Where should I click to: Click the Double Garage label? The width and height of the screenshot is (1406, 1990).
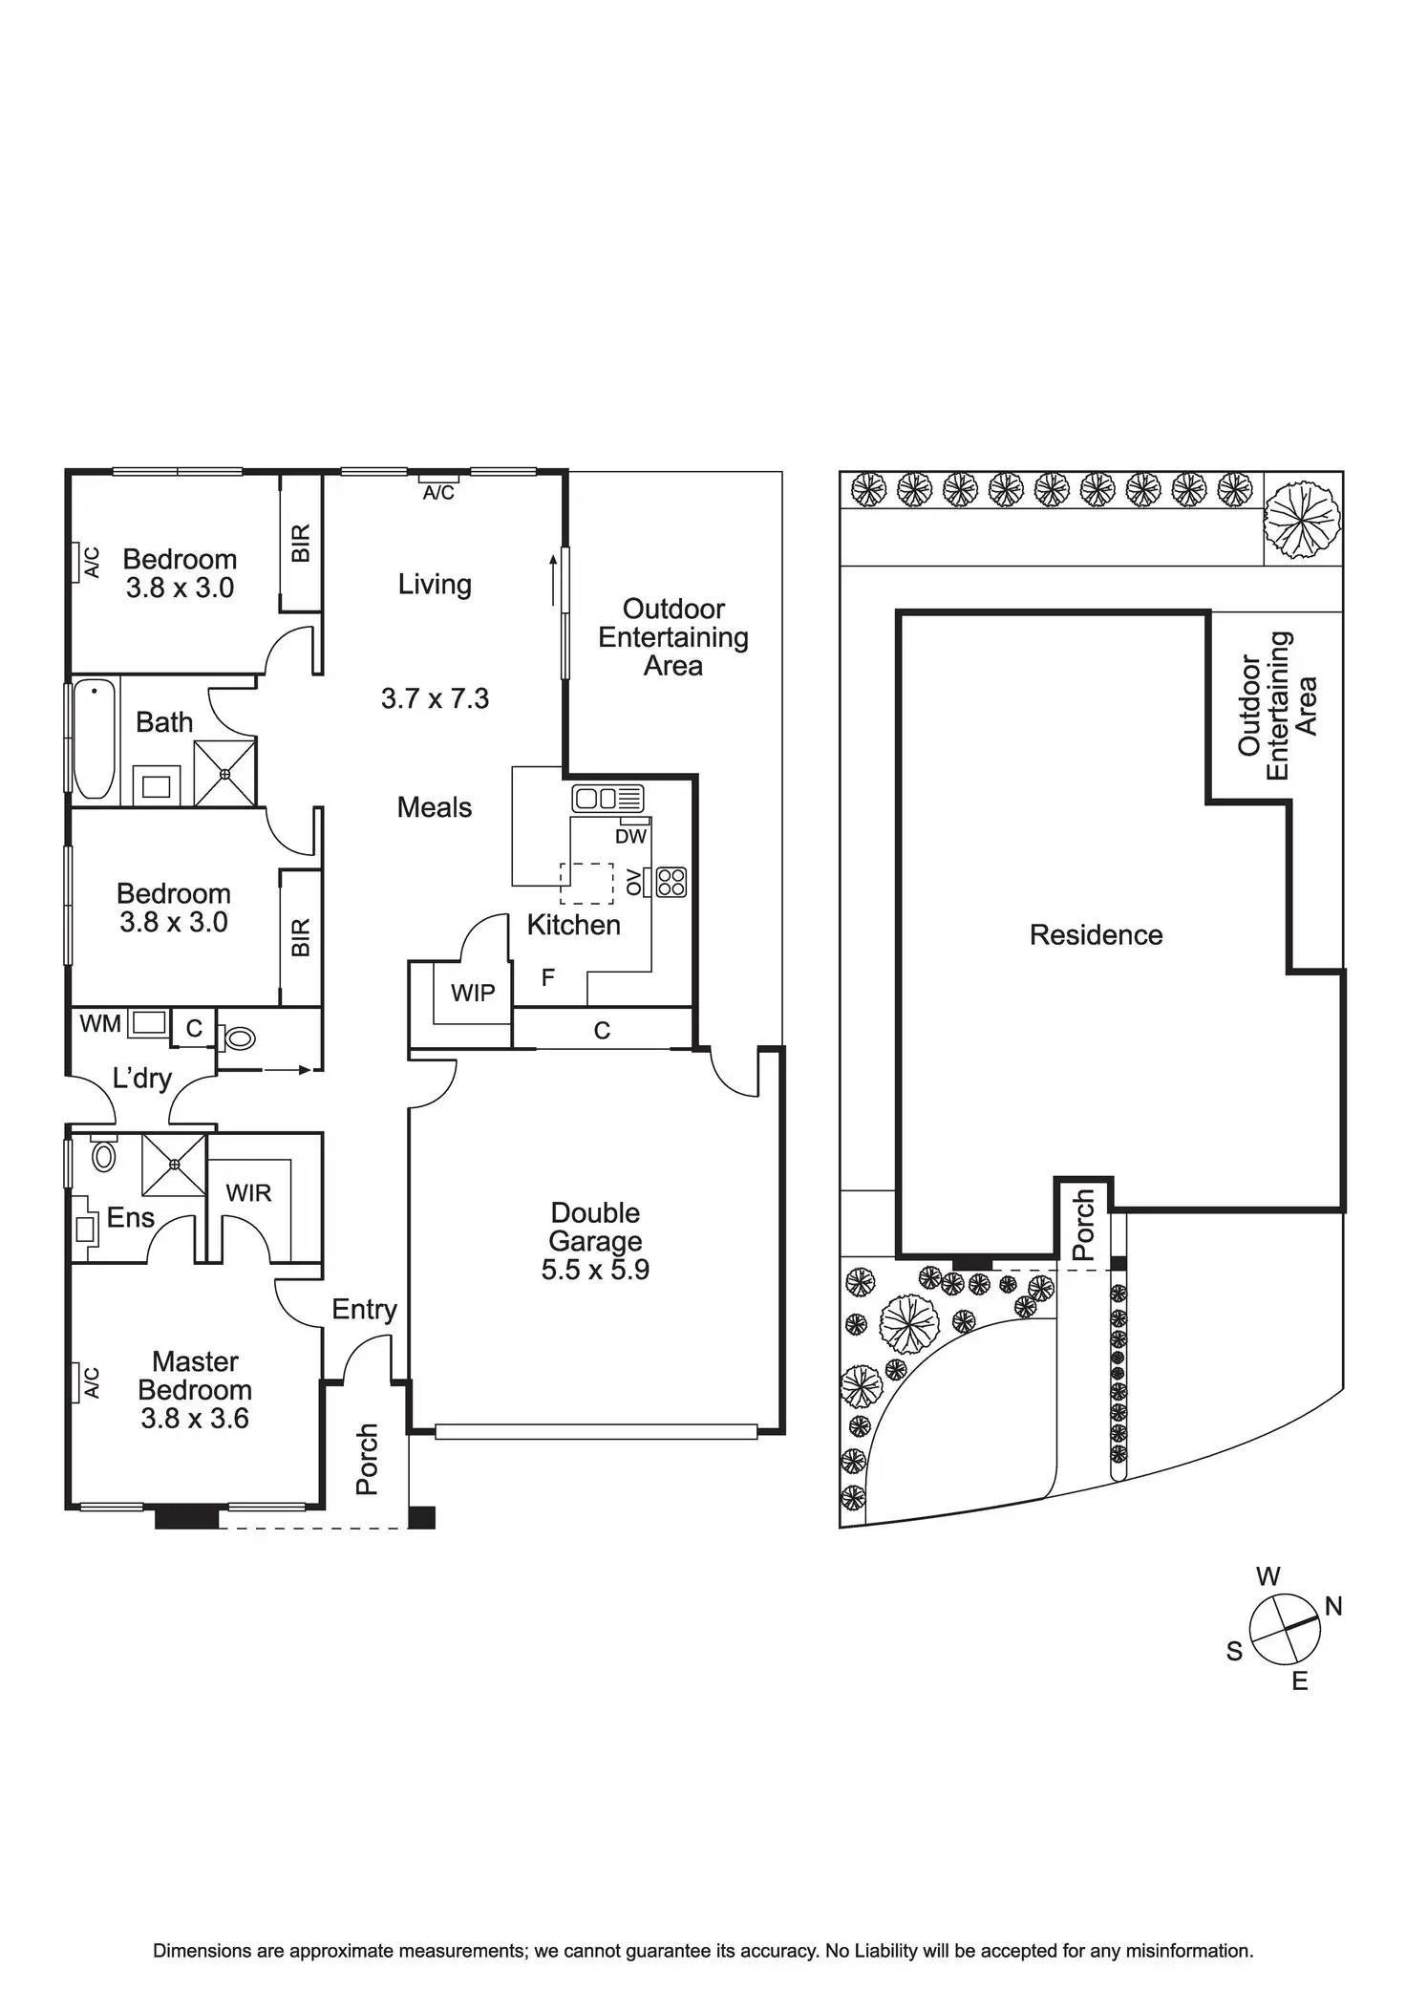click(x=595, y=1227)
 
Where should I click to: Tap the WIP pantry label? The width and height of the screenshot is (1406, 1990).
click(x=473, y=993)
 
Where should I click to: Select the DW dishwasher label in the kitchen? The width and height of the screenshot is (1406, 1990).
click(x=630, y=836)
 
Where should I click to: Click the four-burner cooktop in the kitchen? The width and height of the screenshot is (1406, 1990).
click(x=671, y=882)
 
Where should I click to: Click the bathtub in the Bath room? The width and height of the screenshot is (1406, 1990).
click(x=95, y=738)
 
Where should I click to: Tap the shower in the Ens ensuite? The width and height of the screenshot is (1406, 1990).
click(x=174, y=1165)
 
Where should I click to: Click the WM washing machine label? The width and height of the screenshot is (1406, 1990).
click(x=99, y=1024)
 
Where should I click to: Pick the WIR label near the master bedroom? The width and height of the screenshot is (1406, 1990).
click(x=248, y=1192)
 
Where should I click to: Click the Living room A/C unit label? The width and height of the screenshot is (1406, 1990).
click(x=438, y=493)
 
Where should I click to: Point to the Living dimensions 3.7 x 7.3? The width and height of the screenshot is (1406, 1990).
click(x=435, y=698)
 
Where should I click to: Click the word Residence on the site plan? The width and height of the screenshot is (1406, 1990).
click(x=1096, y=934)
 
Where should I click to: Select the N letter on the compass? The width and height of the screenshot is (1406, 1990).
click(x=1333, y=1607)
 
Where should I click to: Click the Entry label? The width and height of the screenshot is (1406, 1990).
click(x=364, y=1309)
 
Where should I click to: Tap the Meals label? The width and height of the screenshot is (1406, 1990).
click(x=435, y=807)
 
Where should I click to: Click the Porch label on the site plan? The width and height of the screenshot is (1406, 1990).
click(x=1083, y=1225)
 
